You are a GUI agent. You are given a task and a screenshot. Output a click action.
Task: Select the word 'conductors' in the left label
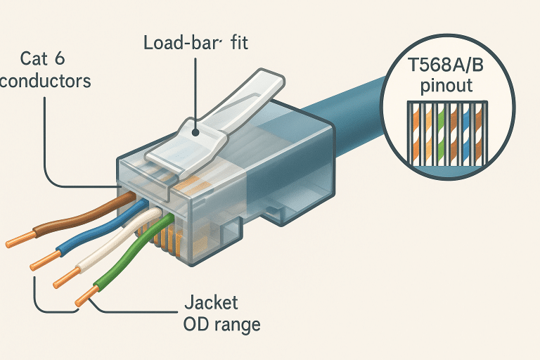tap(45, 81)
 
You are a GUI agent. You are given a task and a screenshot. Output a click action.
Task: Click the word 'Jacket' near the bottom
tap(210, 304)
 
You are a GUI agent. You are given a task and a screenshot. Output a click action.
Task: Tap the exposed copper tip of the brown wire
tap(17, 242)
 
